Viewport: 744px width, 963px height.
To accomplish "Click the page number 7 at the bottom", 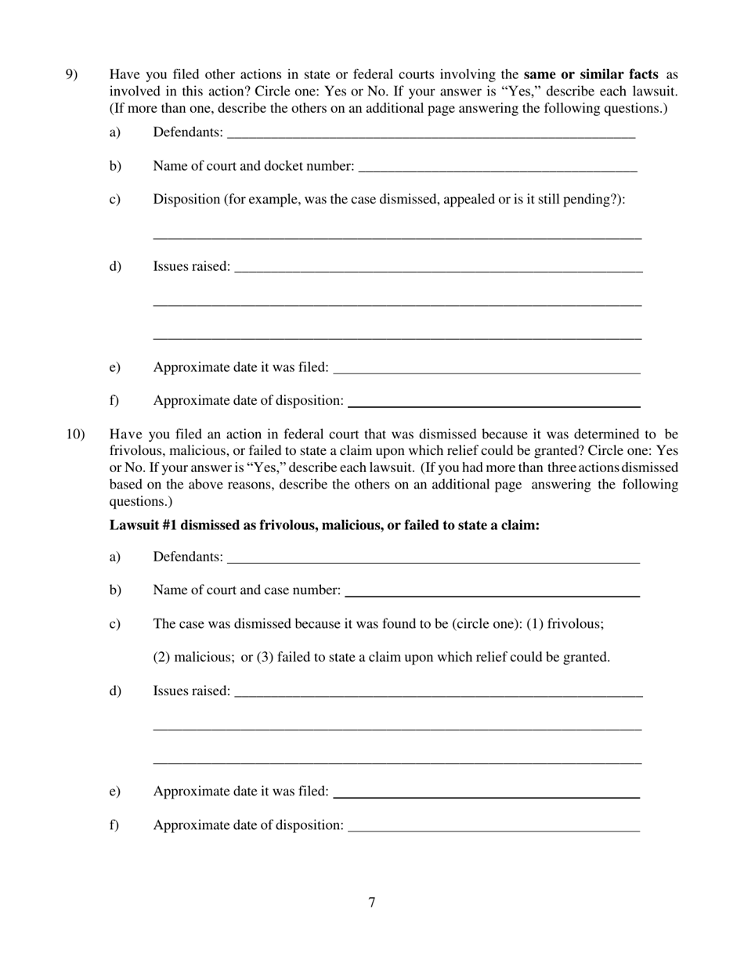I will pyautogui.click(x=372, y=903).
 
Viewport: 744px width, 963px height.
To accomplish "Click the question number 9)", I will pyautogui.click(x=71, y=75).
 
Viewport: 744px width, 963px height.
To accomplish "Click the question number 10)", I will pyautogui.click(x=75, y=435).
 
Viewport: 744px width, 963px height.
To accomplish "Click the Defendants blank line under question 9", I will pyautogui.click(x=431, y=133).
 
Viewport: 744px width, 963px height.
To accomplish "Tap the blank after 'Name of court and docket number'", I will pyautogui.click(x=497, y=167).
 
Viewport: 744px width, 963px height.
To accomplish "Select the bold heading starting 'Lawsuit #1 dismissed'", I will pyautogui.click(x=324, y=525).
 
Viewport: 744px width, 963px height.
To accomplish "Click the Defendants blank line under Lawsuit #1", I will pyautogui.click(x=433, y=557).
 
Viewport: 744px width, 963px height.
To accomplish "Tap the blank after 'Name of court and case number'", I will pyautogui.click(x=492, y=591).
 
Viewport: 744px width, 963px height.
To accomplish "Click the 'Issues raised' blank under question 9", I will pyautogui.click(x=439, y=267).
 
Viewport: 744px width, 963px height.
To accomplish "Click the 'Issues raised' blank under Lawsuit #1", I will pyautogui.click(x=439, y=691).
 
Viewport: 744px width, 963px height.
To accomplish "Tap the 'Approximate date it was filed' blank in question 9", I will pyautogui.click(x=486, y=368).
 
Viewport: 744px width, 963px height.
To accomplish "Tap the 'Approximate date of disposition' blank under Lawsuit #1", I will pyautogui.click(x=493, y=826).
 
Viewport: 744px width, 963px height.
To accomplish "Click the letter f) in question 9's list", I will pyautogui.click(x=114, y=401).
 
